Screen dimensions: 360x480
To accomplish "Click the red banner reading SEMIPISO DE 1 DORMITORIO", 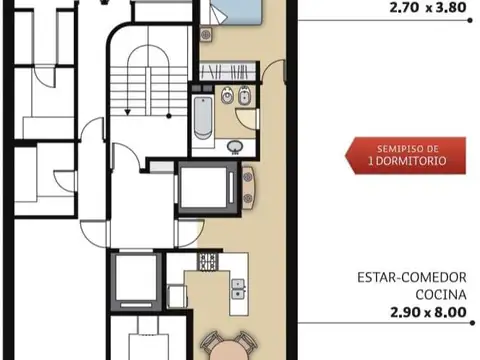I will click(x=395, y=154).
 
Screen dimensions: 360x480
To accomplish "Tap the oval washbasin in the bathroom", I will click(x=234, y=147).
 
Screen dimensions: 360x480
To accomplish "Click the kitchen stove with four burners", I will click(x=209, y=262).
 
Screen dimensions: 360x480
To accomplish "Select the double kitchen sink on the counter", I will click(x=239, y=289).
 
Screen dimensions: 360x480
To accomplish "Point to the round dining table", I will click(x=228, y=345).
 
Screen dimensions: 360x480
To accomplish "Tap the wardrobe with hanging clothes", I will click(x=229, y=72).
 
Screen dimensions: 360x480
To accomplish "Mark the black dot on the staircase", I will click(x=170, y=118).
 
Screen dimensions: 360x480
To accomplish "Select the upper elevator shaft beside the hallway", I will click(x=205, y=188).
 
